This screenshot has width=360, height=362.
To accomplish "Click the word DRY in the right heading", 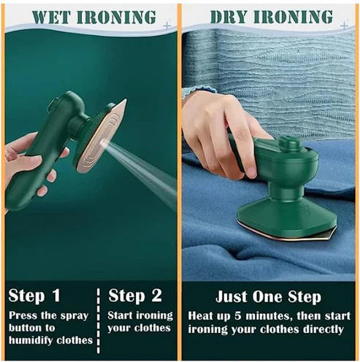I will tap(228, 17).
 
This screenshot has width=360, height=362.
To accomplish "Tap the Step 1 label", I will tap(36, 296).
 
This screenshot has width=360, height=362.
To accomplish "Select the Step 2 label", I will tap(136, 296).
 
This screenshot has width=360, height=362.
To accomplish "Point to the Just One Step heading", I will tap(268, 297).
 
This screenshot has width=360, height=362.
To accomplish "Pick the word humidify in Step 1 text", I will tap(45, 339).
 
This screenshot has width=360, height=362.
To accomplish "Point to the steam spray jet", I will tap(142, 164).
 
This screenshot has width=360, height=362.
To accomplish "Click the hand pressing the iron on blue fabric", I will tap(219, 128).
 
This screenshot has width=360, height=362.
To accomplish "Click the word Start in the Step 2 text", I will tap(123, 315).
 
